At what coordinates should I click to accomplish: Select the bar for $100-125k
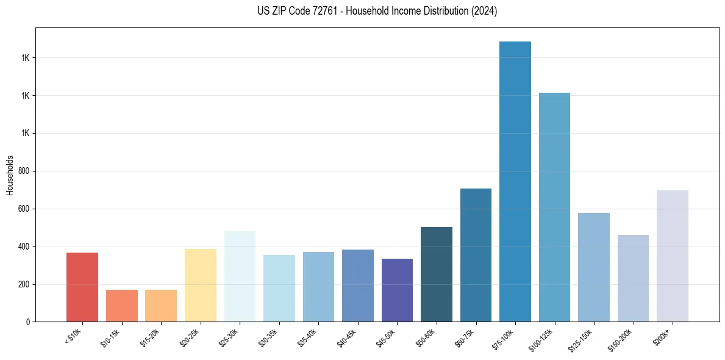click(554, 207)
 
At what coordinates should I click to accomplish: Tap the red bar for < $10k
click(82, 287)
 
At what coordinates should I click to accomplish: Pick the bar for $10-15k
click(121, 306)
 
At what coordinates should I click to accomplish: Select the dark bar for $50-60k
click(437, 274)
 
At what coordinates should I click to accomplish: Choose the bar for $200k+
click(672, 256)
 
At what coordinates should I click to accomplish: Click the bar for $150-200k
click(633, 278)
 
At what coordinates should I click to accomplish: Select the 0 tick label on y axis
click(29, 322)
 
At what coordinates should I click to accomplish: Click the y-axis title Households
click(10, 175)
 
